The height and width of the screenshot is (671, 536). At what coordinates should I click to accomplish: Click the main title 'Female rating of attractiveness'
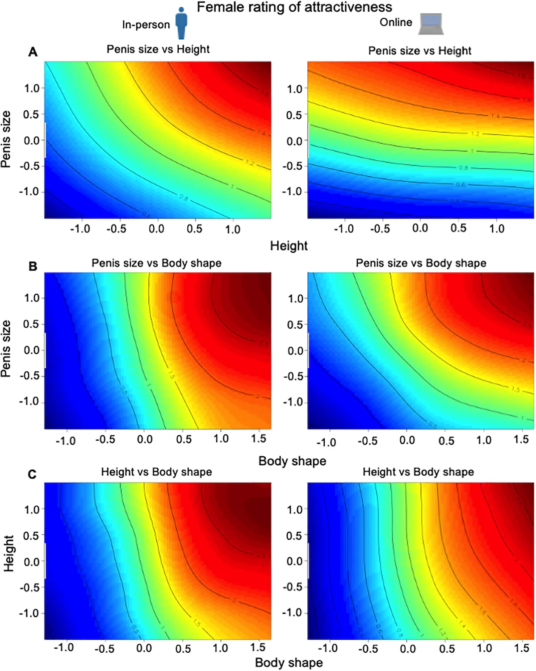(x=294, y=7)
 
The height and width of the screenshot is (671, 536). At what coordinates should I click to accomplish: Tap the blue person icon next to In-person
(x=181, y=23)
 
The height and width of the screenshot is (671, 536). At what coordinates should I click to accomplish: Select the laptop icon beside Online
(x=431, y=24)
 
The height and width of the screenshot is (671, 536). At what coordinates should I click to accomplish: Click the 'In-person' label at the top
(x=146, y=25)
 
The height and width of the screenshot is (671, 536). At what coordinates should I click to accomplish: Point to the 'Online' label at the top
(x=396, y=22)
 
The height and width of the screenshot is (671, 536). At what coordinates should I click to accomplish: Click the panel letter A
(x=33, y=52)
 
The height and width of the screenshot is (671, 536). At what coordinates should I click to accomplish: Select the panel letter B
(x=33, y=267)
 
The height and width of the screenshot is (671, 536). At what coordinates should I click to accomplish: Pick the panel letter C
(x=32, y=474)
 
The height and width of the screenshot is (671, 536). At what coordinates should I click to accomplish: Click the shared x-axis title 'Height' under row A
(x=289, y=246)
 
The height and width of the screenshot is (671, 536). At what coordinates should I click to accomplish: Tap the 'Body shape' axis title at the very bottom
(x=289, y=663)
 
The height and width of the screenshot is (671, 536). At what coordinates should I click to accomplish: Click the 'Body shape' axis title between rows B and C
(x=292, y=461)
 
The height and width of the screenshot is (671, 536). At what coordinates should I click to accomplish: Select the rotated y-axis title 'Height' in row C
(x=9, y=554)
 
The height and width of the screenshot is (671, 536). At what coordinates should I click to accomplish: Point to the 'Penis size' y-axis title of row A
(x=6, y=139)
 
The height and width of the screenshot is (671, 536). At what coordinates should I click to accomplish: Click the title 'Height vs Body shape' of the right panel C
(x=418, y=472)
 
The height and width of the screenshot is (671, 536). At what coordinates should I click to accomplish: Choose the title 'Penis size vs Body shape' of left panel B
(x=156, y=263)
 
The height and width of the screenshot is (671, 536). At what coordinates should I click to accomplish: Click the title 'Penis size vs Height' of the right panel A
(x=419, y=51)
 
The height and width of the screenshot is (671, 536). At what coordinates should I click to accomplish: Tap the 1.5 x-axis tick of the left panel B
(x=258, y=439)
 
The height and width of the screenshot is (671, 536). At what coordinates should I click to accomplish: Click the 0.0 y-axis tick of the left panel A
(x=32, y=140)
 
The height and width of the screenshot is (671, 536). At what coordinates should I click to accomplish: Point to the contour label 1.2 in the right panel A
(x=475, y=134)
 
